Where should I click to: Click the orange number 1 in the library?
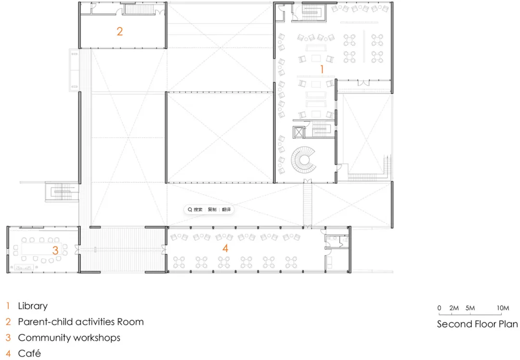(322, 69)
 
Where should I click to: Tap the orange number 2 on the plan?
(120, 31)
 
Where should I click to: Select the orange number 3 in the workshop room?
(55, 250)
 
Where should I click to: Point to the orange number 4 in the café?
(225, 248)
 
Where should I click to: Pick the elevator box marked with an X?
(299, 132)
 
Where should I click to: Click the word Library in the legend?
(33, 306)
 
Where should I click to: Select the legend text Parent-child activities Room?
(80, 321)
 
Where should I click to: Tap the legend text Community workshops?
(69, 337)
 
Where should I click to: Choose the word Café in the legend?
(29, 353)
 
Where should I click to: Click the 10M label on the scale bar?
(503, 308)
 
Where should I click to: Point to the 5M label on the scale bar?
(470, 308)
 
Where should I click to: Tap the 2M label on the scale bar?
(454, 308)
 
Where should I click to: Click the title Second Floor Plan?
(477, 324)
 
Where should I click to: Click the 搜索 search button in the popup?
(195, 209)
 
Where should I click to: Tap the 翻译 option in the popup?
(226, 209)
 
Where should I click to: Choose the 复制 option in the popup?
(212, 209)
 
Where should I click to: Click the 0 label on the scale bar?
(439, 308)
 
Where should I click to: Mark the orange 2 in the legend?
(8, 321)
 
